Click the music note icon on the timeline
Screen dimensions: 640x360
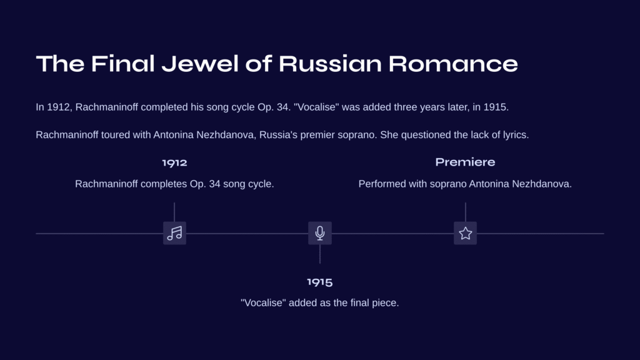175,233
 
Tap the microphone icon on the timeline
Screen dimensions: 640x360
320,233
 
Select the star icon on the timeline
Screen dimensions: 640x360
465,233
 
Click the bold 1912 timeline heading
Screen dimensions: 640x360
175,163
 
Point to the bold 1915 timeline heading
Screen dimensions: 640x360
320,282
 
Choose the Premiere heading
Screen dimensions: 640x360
465,162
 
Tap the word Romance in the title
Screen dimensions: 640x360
453,64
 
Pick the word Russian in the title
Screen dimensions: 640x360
330,64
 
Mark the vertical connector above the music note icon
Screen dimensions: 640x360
174,212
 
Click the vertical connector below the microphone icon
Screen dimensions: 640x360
320,254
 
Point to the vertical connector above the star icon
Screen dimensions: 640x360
465,212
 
